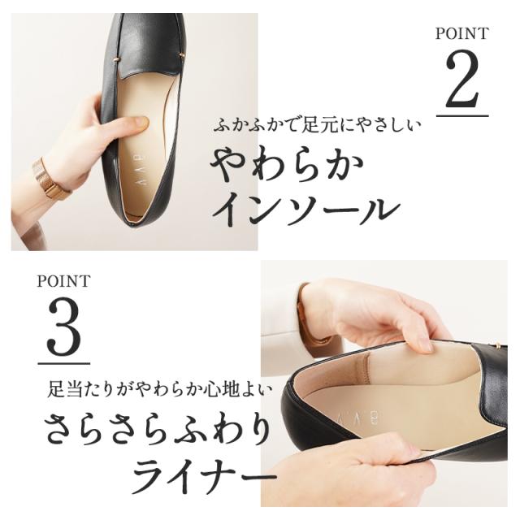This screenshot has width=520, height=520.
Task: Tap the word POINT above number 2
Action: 462,34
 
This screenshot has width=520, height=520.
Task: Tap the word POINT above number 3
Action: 63,282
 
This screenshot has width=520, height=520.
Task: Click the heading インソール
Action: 305,209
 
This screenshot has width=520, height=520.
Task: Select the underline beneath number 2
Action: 462,115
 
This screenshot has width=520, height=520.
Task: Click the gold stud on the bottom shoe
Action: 495,347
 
